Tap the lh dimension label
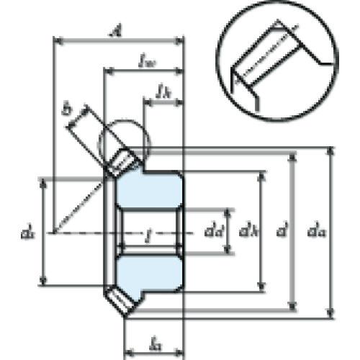coord(164,92)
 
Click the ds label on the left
coord(27,233)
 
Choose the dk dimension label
coord(248,232)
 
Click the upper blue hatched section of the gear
coord(148,189)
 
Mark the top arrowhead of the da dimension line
coord(330,150)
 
